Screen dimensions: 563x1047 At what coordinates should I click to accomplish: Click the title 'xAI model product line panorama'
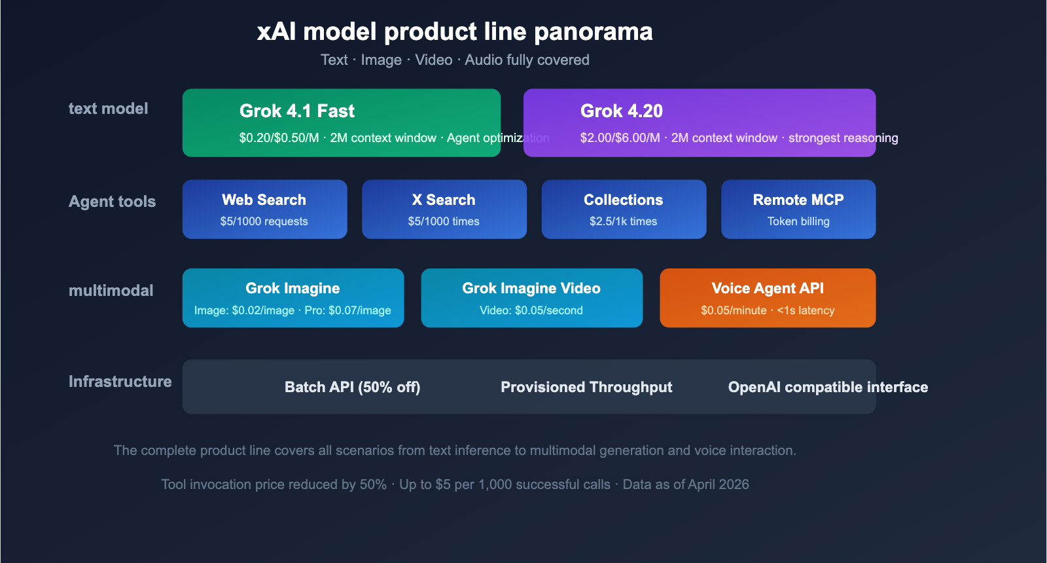click(455, 31)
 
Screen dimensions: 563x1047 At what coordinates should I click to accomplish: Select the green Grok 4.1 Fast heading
click(296, 111)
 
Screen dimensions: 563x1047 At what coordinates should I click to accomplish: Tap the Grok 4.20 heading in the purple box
click(621, 111)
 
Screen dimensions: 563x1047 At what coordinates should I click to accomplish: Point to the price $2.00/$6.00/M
click(620, 138)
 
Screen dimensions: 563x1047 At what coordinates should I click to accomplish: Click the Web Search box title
click(264, 200)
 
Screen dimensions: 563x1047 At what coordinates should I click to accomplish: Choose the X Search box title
click(444, 200)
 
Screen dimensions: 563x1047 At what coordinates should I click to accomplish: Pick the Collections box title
click(623, 200)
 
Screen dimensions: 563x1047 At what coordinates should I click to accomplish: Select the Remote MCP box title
click(798, 200)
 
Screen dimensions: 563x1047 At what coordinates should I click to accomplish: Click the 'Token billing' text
click(798, 221)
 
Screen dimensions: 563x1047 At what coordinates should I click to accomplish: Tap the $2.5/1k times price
click(623, 221)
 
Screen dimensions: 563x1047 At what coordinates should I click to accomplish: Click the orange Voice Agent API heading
click(767, 288)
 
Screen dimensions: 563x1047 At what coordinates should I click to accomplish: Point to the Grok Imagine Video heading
click(531, 288)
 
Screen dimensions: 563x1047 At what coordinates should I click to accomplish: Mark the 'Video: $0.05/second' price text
click(531, 310)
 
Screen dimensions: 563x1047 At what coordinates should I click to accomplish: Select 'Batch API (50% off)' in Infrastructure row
click(352, 387)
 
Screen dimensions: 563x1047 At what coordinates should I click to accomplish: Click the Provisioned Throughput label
click(586, 387)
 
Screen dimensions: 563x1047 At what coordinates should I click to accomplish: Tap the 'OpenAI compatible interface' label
click(828, 387)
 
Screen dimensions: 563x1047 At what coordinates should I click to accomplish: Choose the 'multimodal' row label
click(111, 291)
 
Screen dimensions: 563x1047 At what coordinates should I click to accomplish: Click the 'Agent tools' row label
click(112, 202)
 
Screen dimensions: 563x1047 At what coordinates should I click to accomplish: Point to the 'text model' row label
click(108, 109)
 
